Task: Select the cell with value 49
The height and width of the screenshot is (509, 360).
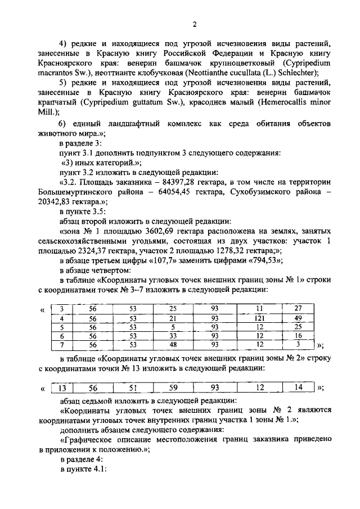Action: [x=298, y=318]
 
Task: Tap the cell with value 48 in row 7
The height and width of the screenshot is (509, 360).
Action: [x=174, y=344]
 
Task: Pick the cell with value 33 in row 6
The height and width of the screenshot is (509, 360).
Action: [x=174, y=336]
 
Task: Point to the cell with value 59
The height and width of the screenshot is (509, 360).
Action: [x=173, y=387]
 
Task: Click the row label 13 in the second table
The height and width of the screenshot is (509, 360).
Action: [x=64, y=387]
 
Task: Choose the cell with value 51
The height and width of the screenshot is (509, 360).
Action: [x=133, y=387]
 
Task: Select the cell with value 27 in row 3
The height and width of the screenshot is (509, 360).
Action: [x=298, y=308]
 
